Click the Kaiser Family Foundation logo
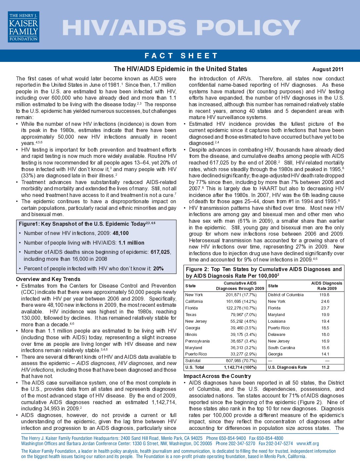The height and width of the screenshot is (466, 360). coord(23,27)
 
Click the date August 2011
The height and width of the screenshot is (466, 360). coord(328,69)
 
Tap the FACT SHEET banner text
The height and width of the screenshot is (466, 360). coord(181,56)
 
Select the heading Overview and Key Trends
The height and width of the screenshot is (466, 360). coord(48,279)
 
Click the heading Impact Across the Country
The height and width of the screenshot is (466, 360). coord(217,376)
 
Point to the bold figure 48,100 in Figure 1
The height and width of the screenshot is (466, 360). coord(120,233)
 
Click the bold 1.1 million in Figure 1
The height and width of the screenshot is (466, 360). coord(131,243)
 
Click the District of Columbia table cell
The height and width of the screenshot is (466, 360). coord(286,295)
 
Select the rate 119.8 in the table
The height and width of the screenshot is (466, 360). coord(324,295)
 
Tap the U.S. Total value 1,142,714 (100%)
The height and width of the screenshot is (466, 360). coord(240,367)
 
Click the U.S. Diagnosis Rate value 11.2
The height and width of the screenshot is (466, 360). coord(325,367)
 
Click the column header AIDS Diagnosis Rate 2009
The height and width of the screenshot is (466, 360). coord(327,286)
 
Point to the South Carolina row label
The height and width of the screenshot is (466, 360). coord(281,348)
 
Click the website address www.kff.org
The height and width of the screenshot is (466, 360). coord(308,443)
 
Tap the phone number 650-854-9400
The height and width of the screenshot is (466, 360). coord(231,438)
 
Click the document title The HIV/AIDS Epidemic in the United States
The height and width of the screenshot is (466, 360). coord(180,69)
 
